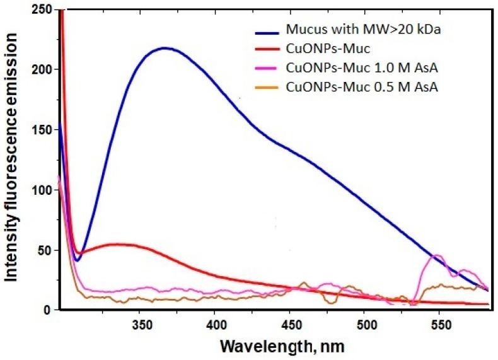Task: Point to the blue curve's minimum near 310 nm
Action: (77, 260)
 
